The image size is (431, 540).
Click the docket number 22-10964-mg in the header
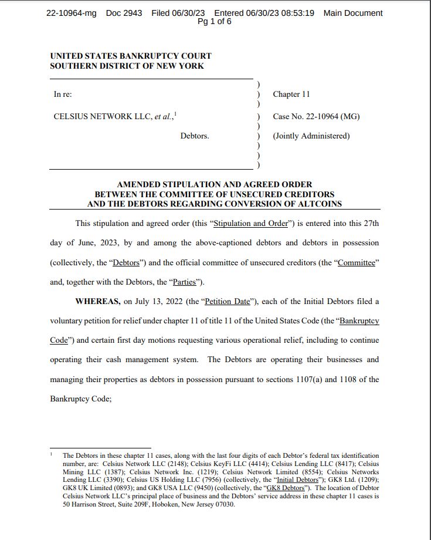(72, 13)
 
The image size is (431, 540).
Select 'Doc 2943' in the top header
(124, 13)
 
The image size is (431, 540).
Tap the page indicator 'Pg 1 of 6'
(214, 22)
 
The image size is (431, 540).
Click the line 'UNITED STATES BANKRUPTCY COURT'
(131, 56)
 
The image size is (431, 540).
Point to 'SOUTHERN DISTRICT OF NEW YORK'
(127, 66)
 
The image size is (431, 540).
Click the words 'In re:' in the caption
(63, 95)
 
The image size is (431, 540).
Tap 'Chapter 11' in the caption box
(291, 95)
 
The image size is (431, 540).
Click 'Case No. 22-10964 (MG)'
(316, 116)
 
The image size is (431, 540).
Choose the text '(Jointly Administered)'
(311, 136)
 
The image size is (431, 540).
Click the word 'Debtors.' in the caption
(195, 136)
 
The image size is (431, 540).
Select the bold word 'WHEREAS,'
(98, 302)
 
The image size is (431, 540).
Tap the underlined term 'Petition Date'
(226, 302)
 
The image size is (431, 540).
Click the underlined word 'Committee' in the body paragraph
(355, 262)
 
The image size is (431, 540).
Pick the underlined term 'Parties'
(186, 282)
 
